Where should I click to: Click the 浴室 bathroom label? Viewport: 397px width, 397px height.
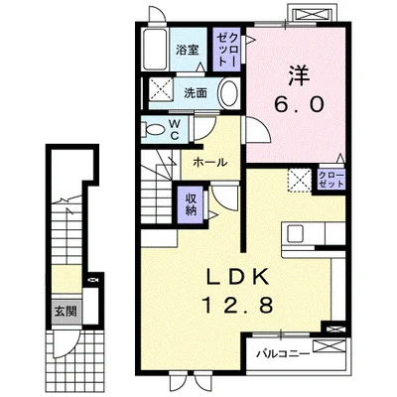[188, 50]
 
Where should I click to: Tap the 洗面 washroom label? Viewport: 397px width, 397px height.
[196, 93]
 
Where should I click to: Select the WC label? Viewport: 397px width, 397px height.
[175, 129]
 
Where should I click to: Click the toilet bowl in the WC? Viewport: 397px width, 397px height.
[153, 129]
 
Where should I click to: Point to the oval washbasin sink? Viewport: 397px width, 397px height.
[229, 92]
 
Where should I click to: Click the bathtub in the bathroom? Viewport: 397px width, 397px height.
[155, 49]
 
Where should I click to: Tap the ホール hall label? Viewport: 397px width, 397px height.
[210, 163]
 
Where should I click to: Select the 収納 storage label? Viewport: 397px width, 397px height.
[191, 203]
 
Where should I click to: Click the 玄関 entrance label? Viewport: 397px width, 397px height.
[66, 312]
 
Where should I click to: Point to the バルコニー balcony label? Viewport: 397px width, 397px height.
[284, 354]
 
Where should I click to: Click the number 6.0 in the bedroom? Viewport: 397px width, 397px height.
[298, 105]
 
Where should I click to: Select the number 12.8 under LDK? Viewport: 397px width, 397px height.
[237, 305]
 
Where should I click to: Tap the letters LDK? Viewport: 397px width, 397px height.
[237, 276]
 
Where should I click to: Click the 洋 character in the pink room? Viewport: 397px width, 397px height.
[299, 75]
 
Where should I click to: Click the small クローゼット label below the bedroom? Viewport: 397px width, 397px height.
[331, 180]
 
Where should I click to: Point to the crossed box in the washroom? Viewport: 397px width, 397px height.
[160, 88]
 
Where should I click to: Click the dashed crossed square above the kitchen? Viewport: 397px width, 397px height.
[300, 181]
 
